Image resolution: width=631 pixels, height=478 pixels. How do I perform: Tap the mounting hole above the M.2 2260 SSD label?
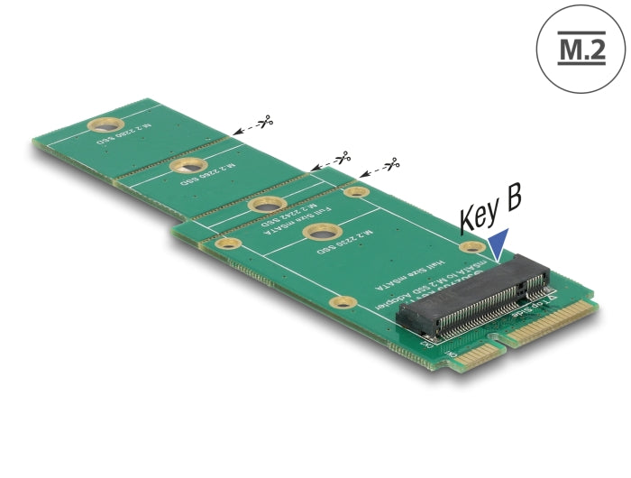pyautogui.click(x=189, y=166)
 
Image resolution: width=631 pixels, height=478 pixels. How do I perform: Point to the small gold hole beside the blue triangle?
pyautogui.click(x=470, y=248)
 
